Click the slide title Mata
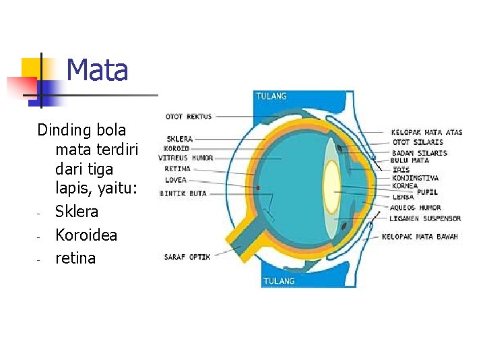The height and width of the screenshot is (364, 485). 98,70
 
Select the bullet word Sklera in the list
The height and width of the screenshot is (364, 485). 77,212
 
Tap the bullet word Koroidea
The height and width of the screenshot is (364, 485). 86,235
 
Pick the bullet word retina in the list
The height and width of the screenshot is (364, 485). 75,258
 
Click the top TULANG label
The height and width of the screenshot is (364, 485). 271,96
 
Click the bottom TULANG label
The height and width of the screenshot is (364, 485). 278,280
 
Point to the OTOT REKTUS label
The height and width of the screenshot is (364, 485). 189,117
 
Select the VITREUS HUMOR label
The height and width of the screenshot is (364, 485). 186,158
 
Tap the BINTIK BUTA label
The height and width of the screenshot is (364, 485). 183,193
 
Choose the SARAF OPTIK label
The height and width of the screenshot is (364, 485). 187,257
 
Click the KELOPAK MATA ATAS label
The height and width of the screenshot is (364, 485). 426,133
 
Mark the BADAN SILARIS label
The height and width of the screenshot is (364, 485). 419,153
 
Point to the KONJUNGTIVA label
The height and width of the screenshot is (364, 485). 415,178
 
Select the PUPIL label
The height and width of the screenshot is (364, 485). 427,192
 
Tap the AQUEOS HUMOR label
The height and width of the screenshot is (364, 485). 416,208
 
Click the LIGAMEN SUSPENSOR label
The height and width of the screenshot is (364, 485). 425,219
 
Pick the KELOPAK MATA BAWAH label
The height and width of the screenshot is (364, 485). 420,237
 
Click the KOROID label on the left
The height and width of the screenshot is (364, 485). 176,148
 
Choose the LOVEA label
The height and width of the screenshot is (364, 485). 176,180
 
